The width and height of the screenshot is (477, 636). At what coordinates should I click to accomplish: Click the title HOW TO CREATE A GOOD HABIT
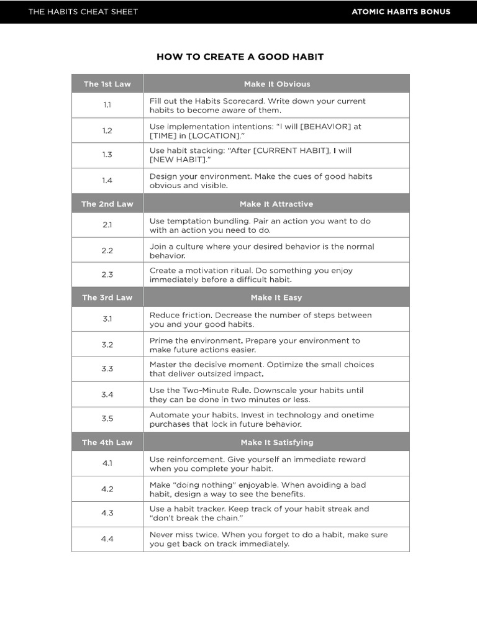coord(240,57)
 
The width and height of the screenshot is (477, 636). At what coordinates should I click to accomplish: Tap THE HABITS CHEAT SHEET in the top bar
coord(83,12)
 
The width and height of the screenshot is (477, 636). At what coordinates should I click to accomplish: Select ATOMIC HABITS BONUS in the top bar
coord(401,12)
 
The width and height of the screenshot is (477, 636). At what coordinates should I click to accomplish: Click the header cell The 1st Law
coord(107,84)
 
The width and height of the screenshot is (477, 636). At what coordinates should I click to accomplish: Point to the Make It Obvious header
coord(276,84)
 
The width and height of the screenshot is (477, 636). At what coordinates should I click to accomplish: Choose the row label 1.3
coord(107,155)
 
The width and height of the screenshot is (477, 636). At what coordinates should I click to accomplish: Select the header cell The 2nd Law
coord(107,204)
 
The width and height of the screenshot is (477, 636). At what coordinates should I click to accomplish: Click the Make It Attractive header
coord(276,204)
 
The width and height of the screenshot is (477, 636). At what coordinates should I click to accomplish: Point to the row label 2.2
coord(107,250)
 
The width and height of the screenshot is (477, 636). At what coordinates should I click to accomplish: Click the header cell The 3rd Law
coord(107,298)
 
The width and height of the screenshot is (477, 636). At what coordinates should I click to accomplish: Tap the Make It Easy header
coord(276,298)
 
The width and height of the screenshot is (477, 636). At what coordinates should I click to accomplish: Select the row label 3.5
coord(107,419)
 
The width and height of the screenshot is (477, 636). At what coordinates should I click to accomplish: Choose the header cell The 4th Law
coord(107,442)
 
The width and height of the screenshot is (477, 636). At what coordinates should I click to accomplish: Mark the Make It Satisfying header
coord(276,442)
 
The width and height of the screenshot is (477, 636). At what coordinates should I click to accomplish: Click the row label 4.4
coord(107,539)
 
